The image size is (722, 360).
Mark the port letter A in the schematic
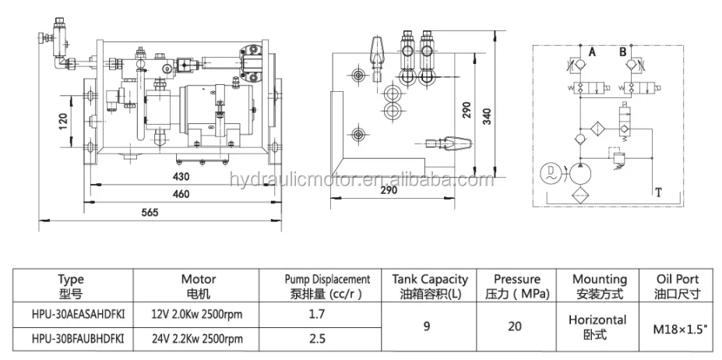point(592,53)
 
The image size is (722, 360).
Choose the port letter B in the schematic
point(622,53)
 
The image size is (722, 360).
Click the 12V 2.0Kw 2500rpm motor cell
point(198,313)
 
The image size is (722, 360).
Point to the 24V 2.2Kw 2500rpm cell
point(198,339)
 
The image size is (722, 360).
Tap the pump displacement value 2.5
point(315,339)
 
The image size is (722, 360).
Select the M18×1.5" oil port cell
point(677,327)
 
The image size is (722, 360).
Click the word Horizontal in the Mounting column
point(597,319)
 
